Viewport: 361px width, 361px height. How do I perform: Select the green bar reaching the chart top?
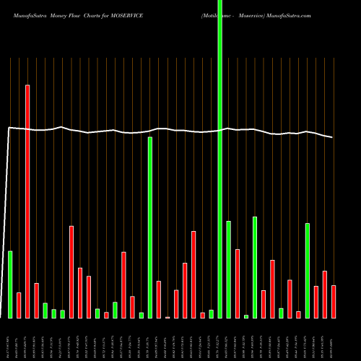[219, 159]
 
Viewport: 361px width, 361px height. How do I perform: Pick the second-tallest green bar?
[150, 227]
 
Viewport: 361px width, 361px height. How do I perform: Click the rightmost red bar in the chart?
[334, 301]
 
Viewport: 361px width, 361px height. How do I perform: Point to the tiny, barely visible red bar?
[168, 317]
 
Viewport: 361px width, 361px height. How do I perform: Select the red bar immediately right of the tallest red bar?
[36, 300]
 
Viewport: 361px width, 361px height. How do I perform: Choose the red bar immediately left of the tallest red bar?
[19, 305]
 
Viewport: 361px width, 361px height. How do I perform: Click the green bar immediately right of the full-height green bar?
[228, 269]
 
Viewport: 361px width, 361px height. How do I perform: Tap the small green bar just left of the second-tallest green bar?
[142, 315]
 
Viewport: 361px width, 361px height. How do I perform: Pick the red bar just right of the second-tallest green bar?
[159, 299]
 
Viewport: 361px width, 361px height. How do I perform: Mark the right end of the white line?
[333, 137]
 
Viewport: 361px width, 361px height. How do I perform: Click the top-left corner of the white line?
[8, 128]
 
